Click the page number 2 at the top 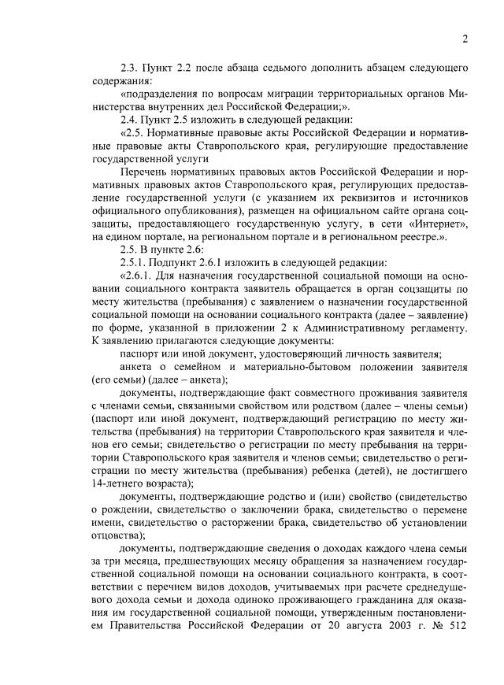coord(465,39)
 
